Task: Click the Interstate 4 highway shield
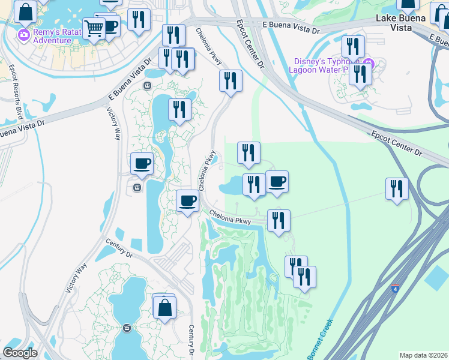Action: (x=395, y=289)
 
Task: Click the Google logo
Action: (x=20, y=353)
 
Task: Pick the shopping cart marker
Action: (x=94, y=28)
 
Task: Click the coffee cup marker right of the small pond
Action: (x=276, y=181)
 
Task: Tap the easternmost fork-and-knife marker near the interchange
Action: (x=397, y=188)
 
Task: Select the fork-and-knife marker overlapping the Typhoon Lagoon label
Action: (x=360, y=74)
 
